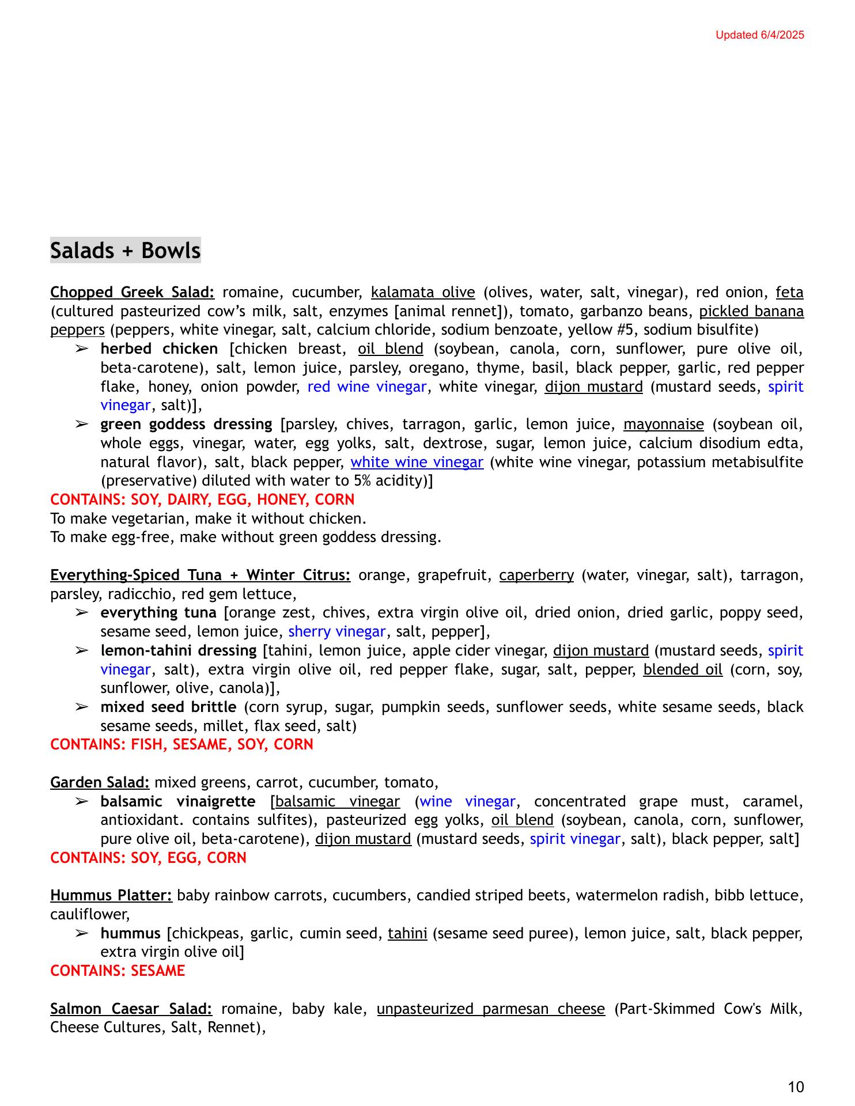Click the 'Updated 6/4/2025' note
(759, 35)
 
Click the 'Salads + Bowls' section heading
(125, 251)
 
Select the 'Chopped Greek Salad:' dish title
(132, 293)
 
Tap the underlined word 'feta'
(789, 293)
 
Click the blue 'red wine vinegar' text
(366, 387)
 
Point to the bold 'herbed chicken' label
(159, 349)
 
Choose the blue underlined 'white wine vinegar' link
(417, 462)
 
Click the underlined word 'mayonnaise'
(663, 425)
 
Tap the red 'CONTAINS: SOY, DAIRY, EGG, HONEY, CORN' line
(202, 499)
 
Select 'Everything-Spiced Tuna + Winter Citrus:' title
(200, 575)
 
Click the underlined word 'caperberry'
(536, 575)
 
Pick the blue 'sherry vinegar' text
(336, 632)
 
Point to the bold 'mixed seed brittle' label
(168, 707)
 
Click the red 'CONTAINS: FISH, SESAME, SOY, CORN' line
(181, 745)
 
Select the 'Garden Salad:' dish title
(100, 783)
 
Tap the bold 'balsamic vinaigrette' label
(177, 802)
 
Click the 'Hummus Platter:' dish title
(111, 896)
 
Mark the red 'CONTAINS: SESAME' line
(118, 971)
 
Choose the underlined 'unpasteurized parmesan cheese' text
(491, 1009)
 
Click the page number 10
(795, 1087)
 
